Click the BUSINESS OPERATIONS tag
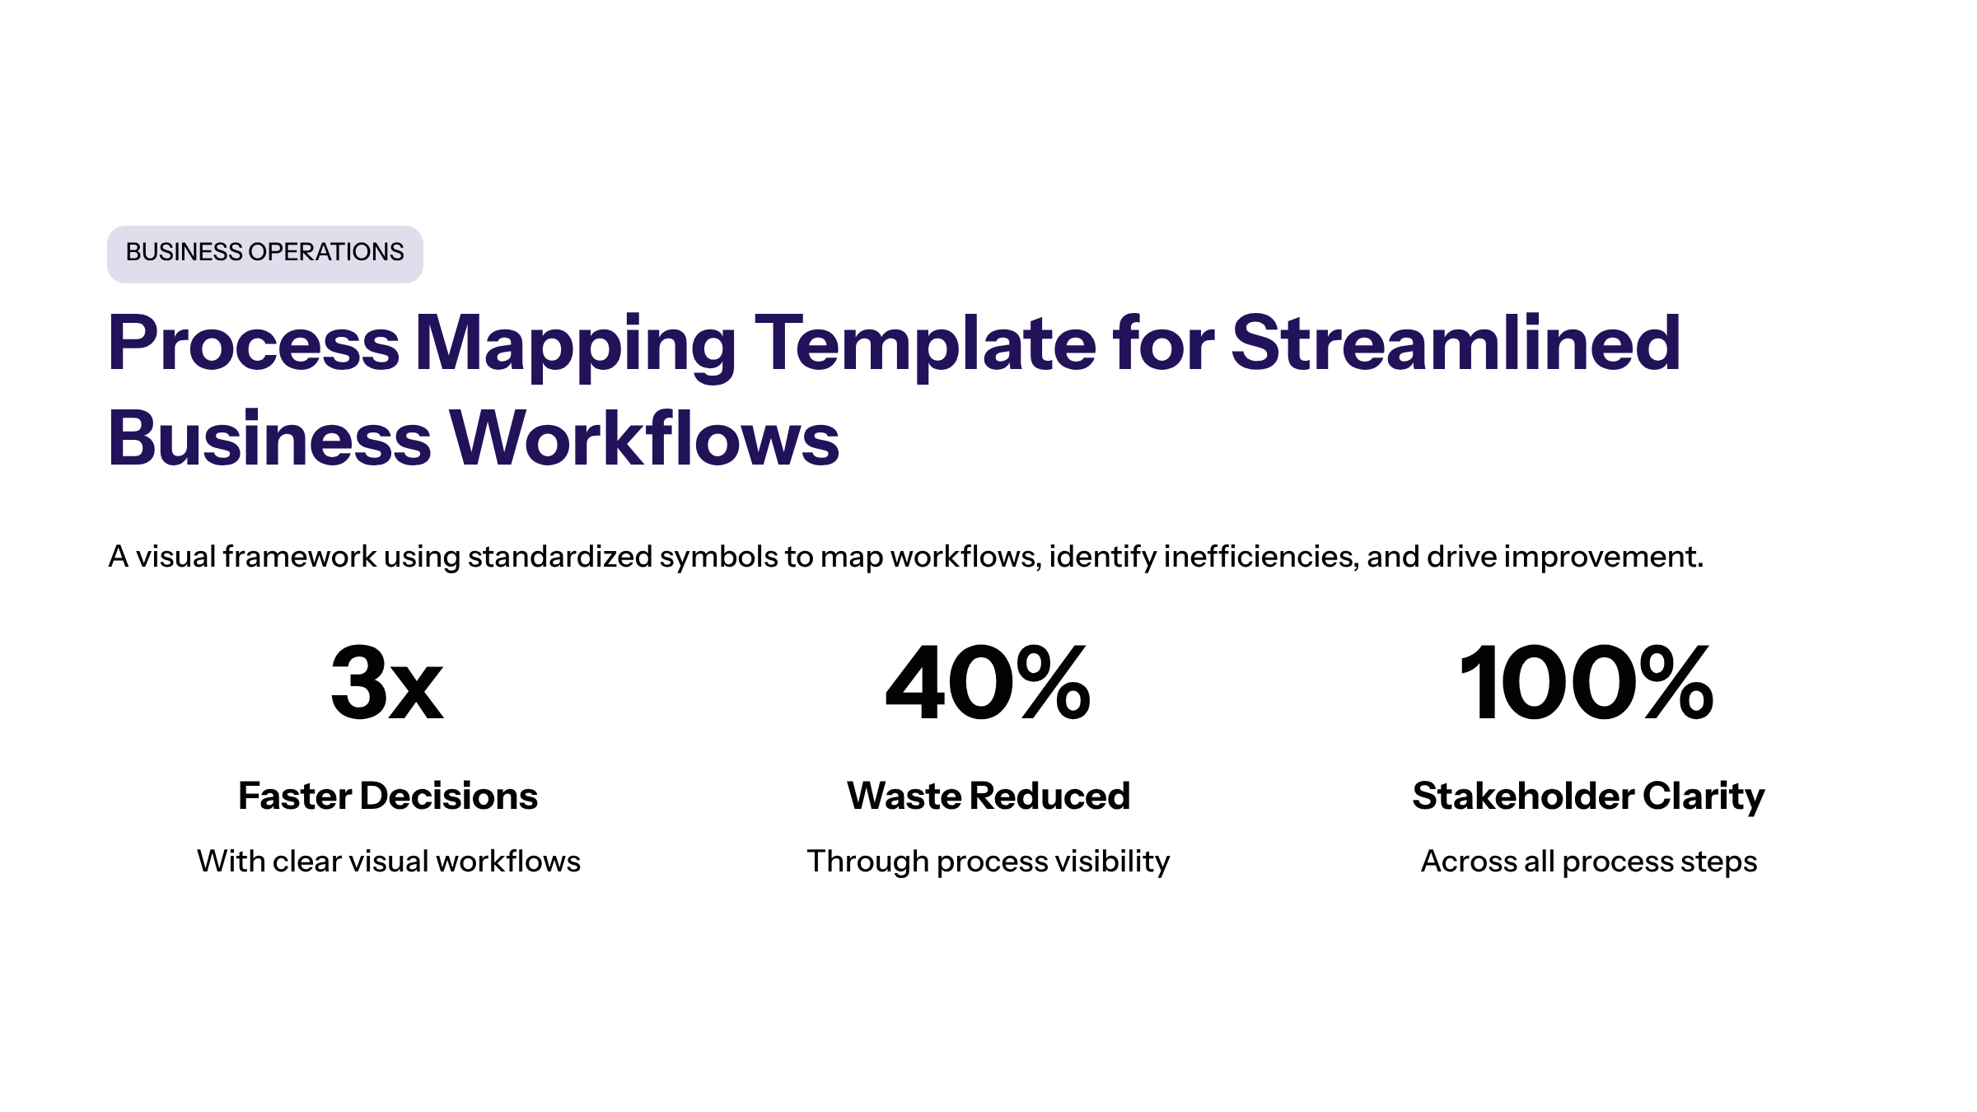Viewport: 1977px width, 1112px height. tap(264, 254)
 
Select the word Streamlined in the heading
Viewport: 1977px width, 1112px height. tap(1456, 343)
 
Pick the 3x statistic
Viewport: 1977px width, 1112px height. tap(387, 683)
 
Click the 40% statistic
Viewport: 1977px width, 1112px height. tap(988, 683)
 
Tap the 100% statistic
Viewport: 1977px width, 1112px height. tap(1587, 683)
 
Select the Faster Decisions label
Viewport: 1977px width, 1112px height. tap(388, 796)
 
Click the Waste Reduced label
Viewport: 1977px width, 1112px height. tap(988, 796)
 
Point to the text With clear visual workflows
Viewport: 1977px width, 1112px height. tap(389, 861)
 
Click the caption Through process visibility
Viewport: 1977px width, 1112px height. tap(988, 862)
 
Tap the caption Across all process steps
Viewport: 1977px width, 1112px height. tap(1589, 862)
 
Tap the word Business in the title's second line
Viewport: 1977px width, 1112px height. tap(269, 438)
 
